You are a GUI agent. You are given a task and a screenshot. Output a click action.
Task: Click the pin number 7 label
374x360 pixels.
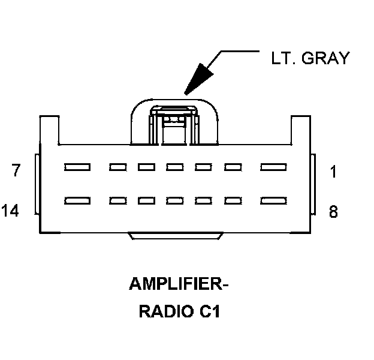pyautogui.click(x=17, y=171)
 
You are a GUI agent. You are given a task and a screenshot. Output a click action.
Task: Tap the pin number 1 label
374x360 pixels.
pyautogui.click(x=333, y=172)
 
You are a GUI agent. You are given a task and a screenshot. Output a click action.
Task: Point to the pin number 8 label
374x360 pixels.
pyautogui.click(x=333, y=212)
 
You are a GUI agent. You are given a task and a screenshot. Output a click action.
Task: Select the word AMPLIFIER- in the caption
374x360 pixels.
pyautogui.click(x=179, y=284)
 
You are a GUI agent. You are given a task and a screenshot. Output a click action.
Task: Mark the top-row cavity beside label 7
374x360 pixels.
pyautogui.click(x=77, y=167)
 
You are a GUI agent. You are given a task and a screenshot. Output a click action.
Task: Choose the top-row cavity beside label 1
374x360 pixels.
pyautogui.click(x=274, y=167)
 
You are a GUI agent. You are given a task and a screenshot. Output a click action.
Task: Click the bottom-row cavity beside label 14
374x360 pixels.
pyautogui.click(x=77, y=200)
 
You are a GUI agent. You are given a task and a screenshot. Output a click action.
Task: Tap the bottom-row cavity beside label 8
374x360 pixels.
pyautogui.click(x=274, y=200)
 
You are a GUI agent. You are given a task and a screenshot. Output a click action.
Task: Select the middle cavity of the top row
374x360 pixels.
pyautogui.click(x=175, y=167)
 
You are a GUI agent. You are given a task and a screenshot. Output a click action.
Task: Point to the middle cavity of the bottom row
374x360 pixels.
pyautogui.click(x=175, y=200)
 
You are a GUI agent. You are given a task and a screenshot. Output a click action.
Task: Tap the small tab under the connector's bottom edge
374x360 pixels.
pyautogui.click(x=175, y=236)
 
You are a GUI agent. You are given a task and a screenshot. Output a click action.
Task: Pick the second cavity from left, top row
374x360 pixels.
pyautogui.click(x=117, y=167)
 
